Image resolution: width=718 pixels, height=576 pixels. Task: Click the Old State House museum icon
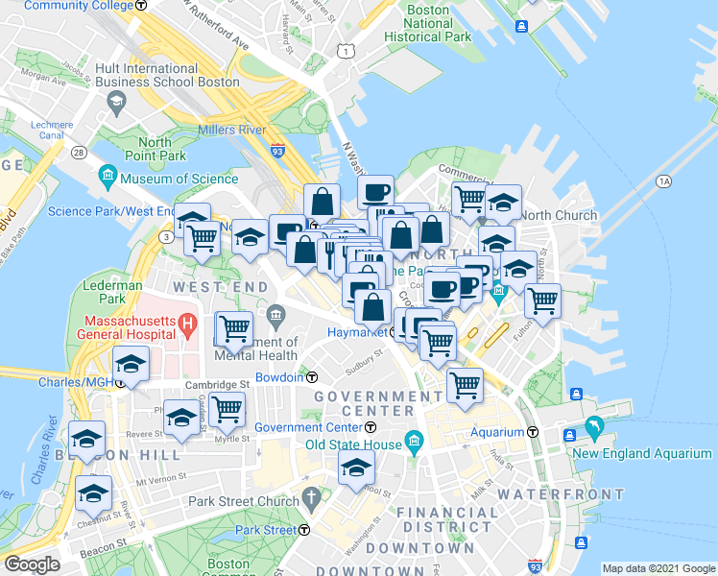[x=415, y=444]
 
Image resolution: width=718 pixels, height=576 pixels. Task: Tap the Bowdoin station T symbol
[x=313, y=377]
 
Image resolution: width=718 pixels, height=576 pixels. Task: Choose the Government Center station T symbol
[x=370, y=427]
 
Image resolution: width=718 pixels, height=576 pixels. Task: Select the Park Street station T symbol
[x=304, y=530]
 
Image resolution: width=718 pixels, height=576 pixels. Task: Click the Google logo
[x=33, y=564]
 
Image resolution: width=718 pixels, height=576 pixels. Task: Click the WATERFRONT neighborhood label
[x=562, y=494]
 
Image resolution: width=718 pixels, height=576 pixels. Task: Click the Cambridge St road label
[x=217, y=383]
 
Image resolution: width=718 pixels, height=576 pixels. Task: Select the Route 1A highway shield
[x=663, y=180]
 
